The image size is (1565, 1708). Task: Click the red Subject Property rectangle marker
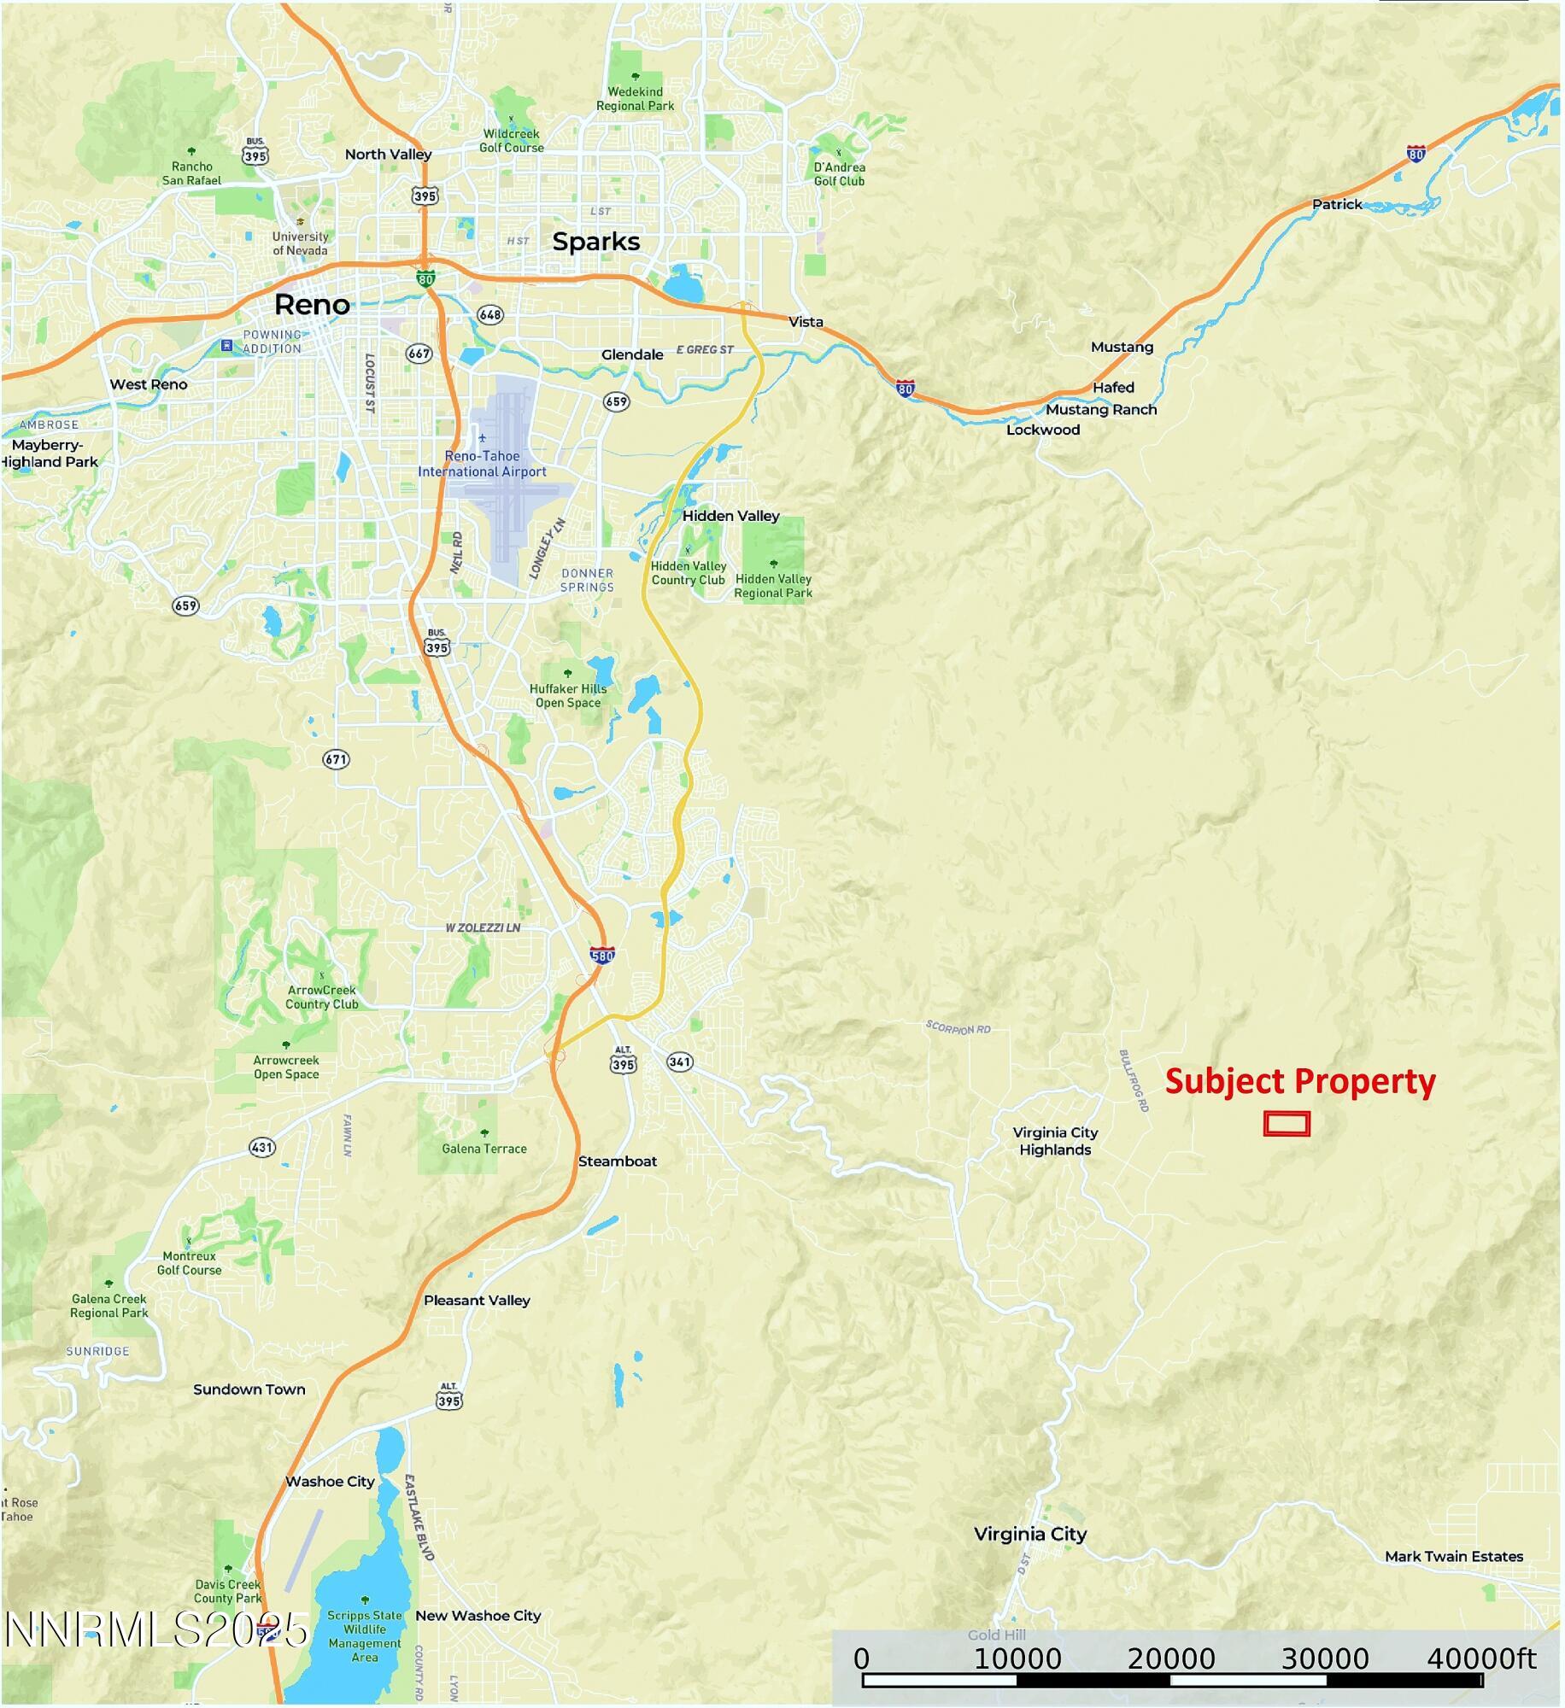coord(1287,1124)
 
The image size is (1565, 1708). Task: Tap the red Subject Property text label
coord(1299,1082)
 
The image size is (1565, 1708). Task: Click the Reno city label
coord(312,305)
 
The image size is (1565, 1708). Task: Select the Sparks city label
coord(595,242)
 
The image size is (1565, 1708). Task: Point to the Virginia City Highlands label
coord(1055,1141)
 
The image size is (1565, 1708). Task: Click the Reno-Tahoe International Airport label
coord(482,464)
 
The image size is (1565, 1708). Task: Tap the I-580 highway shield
coord(601,955)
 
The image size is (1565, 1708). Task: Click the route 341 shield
coord(679,1062)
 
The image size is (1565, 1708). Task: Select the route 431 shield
coord(262,1147)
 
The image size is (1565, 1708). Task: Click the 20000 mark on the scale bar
coord(1170,1659)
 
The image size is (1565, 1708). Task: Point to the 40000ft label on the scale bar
coord(1481,1659)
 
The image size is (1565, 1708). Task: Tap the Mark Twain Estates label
coord(1453,1556)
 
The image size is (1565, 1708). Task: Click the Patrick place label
coord(1336,204)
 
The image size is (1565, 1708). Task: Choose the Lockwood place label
coord(1042,430)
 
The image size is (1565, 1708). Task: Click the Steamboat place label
coord(617,1161)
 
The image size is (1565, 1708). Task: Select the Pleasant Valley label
coord(477,1300)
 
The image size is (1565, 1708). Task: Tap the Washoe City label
coord(330,1482)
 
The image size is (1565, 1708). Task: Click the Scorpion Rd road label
coord(958,1027)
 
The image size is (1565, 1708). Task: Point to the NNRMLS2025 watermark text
coord(156,1629)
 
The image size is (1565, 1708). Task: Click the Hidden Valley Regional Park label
coord(773,586)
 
